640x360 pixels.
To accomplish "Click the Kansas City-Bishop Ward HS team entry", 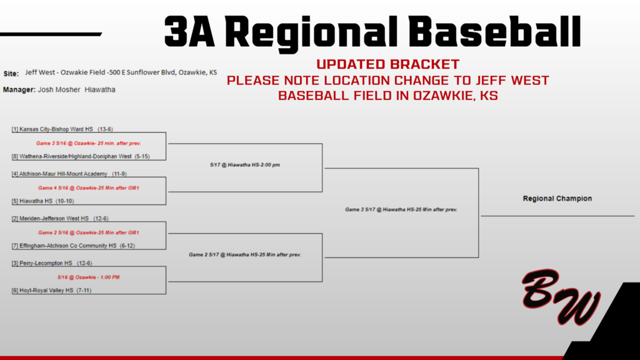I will pyautogui.click(x=62, y=129).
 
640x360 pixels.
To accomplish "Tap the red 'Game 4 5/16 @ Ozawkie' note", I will pyautogui.click(x=88, y=187).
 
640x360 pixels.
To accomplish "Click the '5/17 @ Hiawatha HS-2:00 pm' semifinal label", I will pyautogui.click(x=244, y=165).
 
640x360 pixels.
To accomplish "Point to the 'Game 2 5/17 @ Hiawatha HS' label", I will pyautogui.click(x=244, y=255).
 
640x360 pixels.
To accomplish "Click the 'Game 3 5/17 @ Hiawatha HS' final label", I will pyautogui.click(x=401, y=209).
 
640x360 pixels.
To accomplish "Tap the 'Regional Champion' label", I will pyautogui.click(x=557, y=199).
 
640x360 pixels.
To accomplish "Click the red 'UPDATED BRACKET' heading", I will pyautogui.click(x=387, y=64).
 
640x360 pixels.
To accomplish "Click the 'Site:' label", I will pyautogui.click(x=11, y=73).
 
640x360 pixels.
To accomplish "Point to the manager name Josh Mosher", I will pyautogui.click(x=59, y=90).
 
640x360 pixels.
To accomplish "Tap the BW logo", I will pyautogui.click(x=561, y=299).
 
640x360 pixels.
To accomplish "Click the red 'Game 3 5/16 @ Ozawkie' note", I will pyautogui.click(x=88, y=143).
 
